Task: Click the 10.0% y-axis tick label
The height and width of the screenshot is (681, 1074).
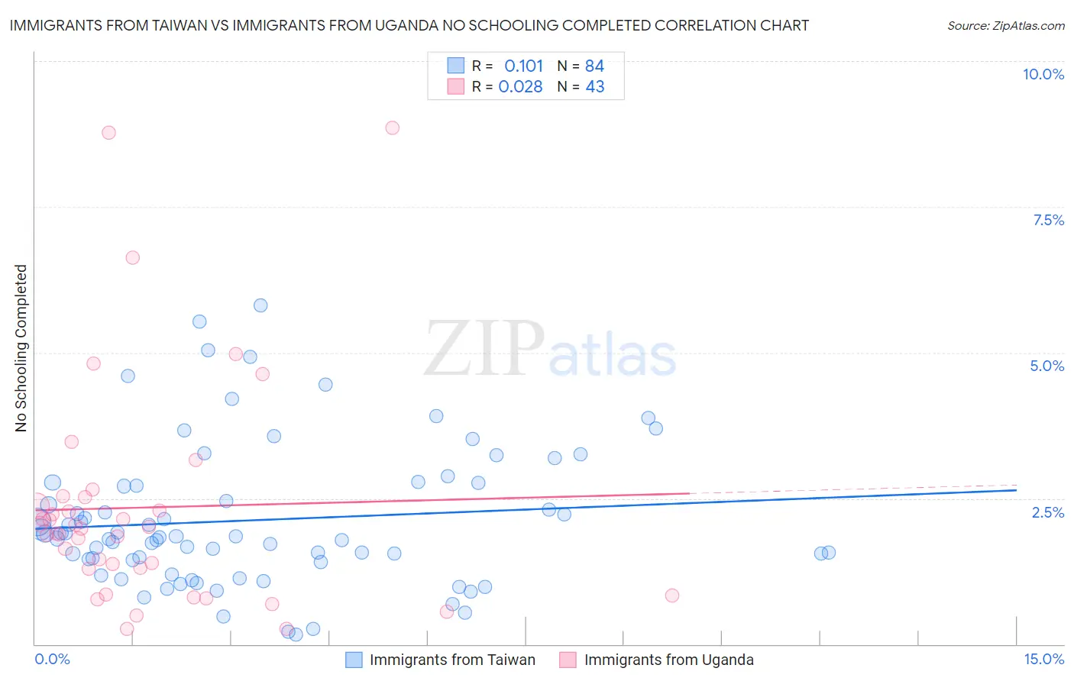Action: coord(1043,74)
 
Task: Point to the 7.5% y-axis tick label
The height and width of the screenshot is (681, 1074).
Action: coord(1048,220)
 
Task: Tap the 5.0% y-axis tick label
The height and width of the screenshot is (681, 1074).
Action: coord(1047,366)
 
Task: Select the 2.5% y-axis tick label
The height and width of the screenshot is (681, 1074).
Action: coord(1047,512)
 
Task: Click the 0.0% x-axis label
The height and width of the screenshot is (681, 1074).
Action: coord(52,659)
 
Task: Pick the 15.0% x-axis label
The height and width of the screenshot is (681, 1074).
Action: coord(1043,659)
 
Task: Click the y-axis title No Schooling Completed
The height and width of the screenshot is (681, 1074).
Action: coord(21,348)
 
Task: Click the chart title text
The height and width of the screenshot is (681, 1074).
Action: coord(409,26)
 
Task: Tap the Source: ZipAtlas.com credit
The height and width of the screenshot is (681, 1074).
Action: coord(1005,26)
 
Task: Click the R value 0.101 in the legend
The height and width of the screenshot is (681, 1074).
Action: coord(523,66)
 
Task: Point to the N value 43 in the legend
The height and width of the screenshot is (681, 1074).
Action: coord(594,87)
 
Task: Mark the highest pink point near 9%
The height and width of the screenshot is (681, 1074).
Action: coord(392,127)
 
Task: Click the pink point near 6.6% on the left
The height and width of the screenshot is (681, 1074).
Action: coord(132,257)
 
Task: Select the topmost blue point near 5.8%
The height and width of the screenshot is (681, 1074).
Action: coord(260,305)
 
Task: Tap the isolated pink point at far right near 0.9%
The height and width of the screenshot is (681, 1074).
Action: coord(672,595)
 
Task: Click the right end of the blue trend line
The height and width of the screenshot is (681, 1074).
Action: coord(1016,489)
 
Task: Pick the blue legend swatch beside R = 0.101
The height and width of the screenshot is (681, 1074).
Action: coord(456,66)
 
